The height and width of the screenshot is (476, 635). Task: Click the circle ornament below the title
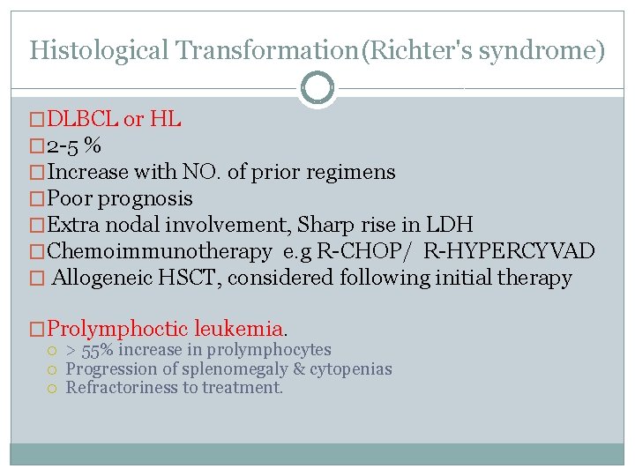tap(317, 88)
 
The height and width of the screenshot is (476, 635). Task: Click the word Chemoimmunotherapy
tap(159, 251)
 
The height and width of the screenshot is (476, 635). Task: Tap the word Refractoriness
tap(121, 387)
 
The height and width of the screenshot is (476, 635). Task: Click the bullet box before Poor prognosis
tap(36, 198)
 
